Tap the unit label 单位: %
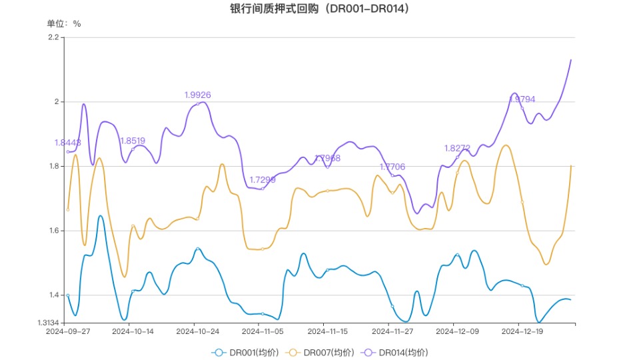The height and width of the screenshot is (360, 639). [x=64, y=23]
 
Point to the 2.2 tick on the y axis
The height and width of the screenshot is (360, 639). [x=54, y=37]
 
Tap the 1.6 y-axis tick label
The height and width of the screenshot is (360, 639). [x=54, y=231]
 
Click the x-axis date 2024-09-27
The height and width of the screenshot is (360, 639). [x=68, y=331]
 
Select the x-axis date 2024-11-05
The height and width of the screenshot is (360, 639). [x=263, y=331]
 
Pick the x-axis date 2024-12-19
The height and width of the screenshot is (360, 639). [x=522, y=331]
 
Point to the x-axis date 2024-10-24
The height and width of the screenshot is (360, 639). [x=198, y=331]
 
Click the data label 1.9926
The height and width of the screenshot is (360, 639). [x=198, y=95]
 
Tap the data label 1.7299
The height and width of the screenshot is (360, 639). [x=263, y=180]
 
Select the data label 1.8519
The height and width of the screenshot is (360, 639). [x=133, y=141]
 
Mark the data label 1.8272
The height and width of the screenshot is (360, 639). [x=458, y=148]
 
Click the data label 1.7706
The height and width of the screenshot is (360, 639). [x=392, y=167]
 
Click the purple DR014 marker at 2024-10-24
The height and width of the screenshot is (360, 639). [x=198, y=103]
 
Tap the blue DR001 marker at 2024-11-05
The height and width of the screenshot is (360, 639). [x=263, y=313]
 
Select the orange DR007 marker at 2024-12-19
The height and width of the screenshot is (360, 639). [x=522, y=202]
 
